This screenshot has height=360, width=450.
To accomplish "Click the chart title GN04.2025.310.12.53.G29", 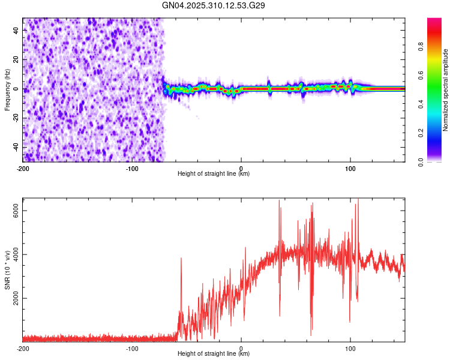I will tap(214, 5).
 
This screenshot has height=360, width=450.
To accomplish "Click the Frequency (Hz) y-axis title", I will tap(7, 90).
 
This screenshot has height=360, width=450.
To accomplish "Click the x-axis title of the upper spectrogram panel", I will tap(214, 174).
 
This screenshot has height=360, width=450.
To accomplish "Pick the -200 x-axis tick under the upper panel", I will tap(23, 169).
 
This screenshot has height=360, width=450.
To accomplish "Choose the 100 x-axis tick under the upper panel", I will tap(350, 169).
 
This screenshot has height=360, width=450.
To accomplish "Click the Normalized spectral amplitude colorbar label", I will tap(446, 90).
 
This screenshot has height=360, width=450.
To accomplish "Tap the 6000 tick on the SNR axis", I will tap(18, 211).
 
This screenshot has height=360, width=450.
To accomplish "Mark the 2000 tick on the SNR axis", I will tap(18, 298).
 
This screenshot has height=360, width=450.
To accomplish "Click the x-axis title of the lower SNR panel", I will tap(214, 353).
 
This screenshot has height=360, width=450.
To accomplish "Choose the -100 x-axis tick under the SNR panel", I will tap(132, 348).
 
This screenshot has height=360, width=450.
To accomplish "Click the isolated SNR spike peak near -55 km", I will tap(181, 258).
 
